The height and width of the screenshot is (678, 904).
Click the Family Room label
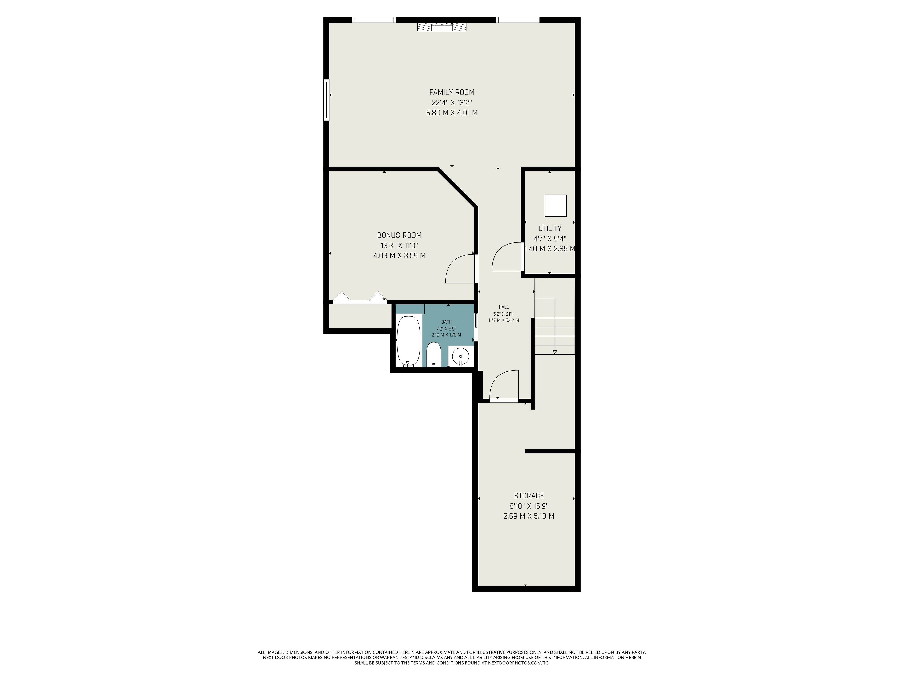(x=452, y=92)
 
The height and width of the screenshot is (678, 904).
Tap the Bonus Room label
(x=399, y=235)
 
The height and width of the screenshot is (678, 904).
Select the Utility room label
(x=550, y=228)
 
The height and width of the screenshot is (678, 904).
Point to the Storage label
(x=529, y=496)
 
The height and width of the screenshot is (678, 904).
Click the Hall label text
(x=504, y=307)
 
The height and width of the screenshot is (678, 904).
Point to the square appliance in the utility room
(x=555, y=206)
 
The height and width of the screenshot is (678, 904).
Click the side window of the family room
(x=327, y=100)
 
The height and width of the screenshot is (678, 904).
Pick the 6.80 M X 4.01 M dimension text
(x=452, y=113)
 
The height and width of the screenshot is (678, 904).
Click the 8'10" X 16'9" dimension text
(x=529, y=506)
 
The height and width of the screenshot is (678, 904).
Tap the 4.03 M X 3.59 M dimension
(x=399, y=256)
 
